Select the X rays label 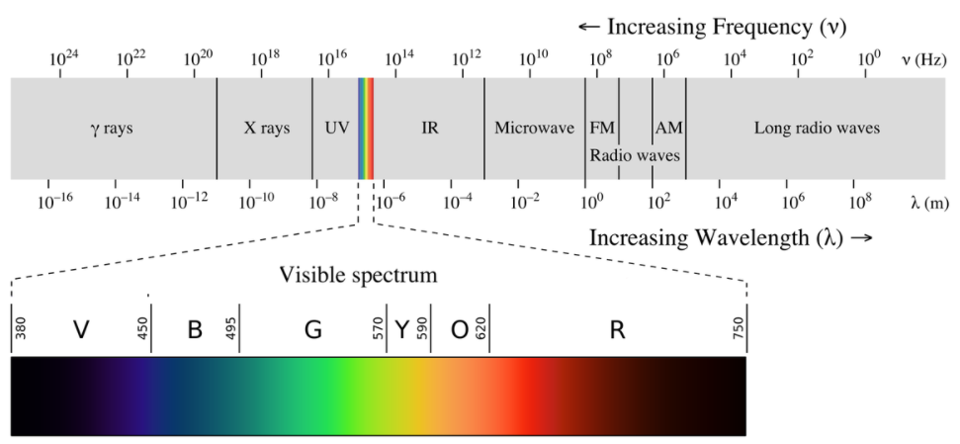coord(267,129)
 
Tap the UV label coord(336,129)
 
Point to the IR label coord(430,129)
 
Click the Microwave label coord(534,129)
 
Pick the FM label coord(602,129)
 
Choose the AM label coord(668,129)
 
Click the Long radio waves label coord(817,129)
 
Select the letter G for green coord(313,330)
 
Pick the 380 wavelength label coord(21,328)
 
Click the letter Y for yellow coord(402,330)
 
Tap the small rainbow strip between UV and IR coord(366,128)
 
